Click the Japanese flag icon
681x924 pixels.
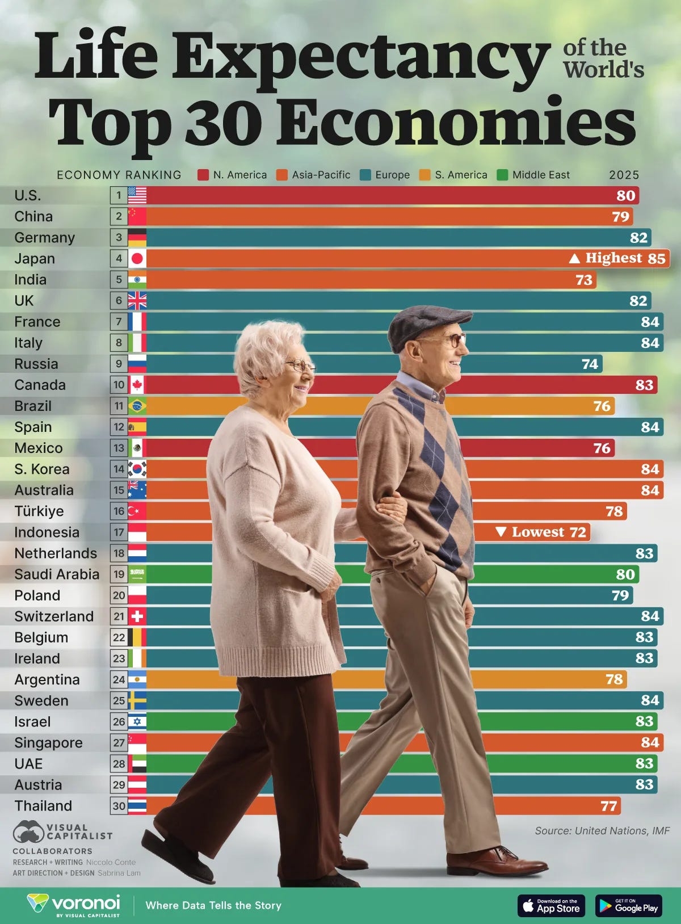[x=137, y=259]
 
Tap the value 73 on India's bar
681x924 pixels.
[x=584, y=280]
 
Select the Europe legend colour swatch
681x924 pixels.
[x=365, y=175]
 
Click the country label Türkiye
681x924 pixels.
[x=39, y=511]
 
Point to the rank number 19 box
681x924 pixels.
[x=119, y=574]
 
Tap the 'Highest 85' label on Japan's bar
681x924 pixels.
[x=617, y=258]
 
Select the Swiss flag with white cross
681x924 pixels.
[x=137, y=616]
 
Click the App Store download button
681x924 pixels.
[x=551, y=905]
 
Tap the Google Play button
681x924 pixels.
[x=629, y=905]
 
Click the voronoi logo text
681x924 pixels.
[x=85, y=902]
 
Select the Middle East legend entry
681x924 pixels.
[x=533, y=175]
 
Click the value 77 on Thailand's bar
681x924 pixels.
[x=608, y=806]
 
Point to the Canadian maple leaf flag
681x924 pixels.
[x=137, y=385]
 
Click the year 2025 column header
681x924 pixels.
[x=624, y=175]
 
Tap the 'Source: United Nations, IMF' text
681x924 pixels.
[x=602, y=830]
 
